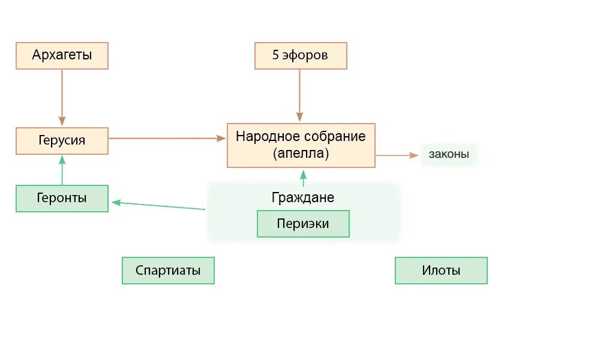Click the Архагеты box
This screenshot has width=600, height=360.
coord(62,56)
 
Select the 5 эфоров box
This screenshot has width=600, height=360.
coord(301,56)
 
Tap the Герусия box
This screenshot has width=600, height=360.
coord(62,141)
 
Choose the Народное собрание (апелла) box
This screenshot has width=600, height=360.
coord(301,145)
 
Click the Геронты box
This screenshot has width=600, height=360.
coord(62,199)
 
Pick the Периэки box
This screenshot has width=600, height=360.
coord(303,224)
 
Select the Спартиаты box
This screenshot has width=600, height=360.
coord(168,271)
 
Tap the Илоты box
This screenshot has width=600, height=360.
coord(441,271)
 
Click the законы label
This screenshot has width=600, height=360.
coord(449,155)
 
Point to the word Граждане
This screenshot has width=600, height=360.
coord(303,197)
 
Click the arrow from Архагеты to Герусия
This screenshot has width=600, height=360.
coord(62,96)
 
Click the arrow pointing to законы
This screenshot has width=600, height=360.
coord(396,155)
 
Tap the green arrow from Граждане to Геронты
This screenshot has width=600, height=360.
coord(159,206)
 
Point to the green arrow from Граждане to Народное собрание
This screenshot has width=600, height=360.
coord(303,178)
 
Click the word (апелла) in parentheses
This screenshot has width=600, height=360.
coord(301,154)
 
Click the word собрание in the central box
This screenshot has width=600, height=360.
coord(335,136)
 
